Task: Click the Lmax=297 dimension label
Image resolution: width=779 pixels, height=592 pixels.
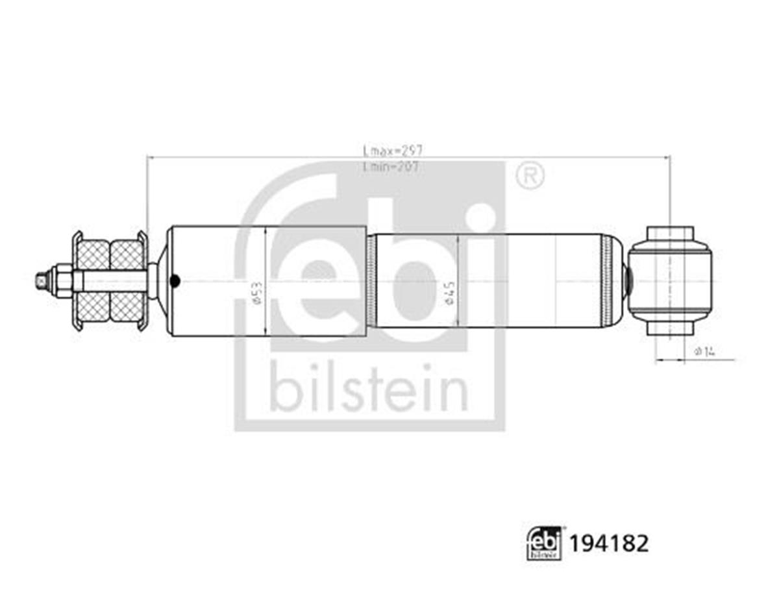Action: pos(392,150)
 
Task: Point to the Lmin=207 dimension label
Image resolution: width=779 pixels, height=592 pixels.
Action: pos(392,167)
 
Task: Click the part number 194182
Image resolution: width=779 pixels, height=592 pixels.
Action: pos(608,543)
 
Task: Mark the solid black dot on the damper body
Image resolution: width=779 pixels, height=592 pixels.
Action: pos(174,281)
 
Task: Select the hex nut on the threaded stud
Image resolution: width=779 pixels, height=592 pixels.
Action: pos(63,280)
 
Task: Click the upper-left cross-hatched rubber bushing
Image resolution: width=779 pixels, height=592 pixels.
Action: pos(93,254)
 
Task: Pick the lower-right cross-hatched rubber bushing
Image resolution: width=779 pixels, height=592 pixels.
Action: pos(127,306)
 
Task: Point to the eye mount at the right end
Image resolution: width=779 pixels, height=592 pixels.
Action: pos(670,280)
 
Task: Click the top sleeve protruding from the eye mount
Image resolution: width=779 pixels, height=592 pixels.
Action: pos(670,232)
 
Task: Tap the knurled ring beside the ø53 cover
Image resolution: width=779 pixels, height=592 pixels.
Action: pos(371,280)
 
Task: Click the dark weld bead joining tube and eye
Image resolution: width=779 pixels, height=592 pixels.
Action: pos(628,280)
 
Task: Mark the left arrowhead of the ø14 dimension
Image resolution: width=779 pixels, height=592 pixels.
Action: pos(658,359)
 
